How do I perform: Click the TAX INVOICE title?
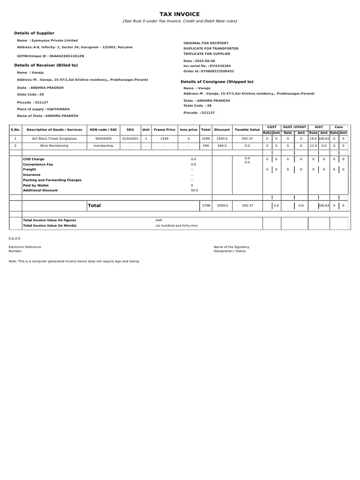tap(180, 15)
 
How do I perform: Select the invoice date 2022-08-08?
tap(207, 61)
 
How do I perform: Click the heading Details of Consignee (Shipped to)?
tap(217, 82)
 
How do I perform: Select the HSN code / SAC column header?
tap(104, 129)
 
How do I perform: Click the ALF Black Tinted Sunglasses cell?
tap(54, 139)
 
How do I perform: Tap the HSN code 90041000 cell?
tap(104, 139)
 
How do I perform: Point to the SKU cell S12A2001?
tap(130, 139)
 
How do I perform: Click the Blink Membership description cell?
tap(54, 146)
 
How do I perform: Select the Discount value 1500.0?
tap(222, 139)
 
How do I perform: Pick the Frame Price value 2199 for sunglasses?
tap(164, 139)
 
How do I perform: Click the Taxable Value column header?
tap(247, 129)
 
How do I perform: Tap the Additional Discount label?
tap(41, 190)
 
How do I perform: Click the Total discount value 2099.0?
tap(222, 205)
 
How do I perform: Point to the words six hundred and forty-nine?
tap(177, 225)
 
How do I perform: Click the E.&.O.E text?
tap(15, 239)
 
